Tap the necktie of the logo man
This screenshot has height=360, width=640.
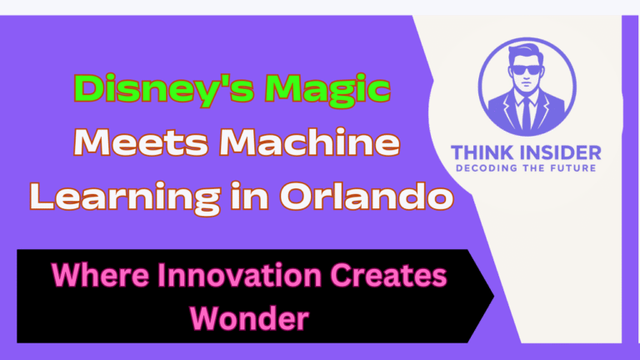coord(526,113)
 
